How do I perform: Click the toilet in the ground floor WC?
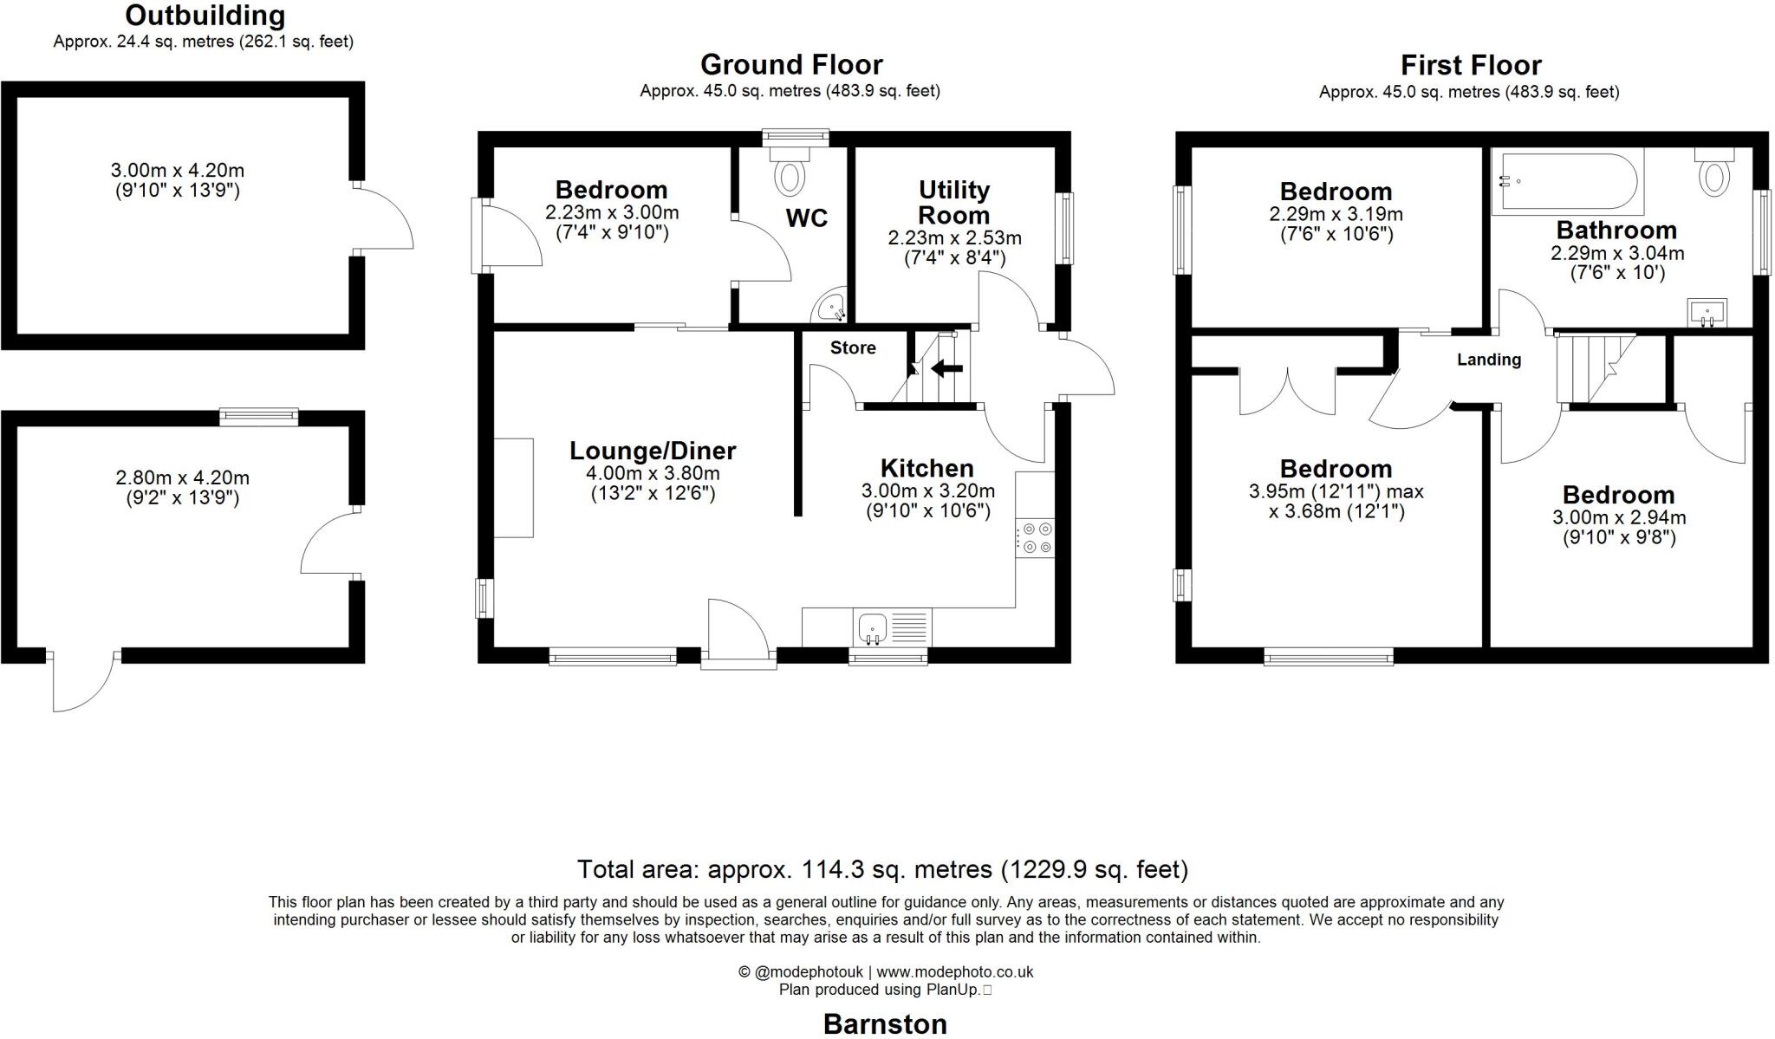[x=790, y=170]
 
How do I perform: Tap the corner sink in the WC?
[x=832, y=308]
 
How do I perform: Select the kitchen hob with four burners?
[x=1036, y=538]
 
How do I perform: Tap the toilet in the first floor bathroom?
[x=1714, y=171]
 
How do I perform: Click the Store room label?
[x=853, y=347]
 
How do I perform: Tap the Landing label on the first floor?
[x=1489, y=360]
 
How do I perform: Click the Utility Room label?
[x=954, y=202]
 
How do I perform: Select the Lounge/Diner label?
[x=653, y=451]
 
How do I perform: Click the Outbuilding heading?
[x=205, y=16]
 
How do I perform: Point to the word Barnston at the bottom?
[x=885, y=1023]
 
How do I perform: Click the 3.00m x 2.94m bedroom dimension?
[x=1619, y=517]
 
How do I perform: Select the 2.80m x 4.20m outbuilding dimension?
[x=182, y=477]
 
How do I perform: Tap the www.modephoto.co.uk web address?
[x=955, y=971]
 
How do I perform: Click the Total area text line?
[x=883, y=868]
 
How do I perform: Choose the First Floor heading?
[x=1471, y=65]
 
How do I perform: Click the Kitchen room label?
[x=927, y=468]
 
